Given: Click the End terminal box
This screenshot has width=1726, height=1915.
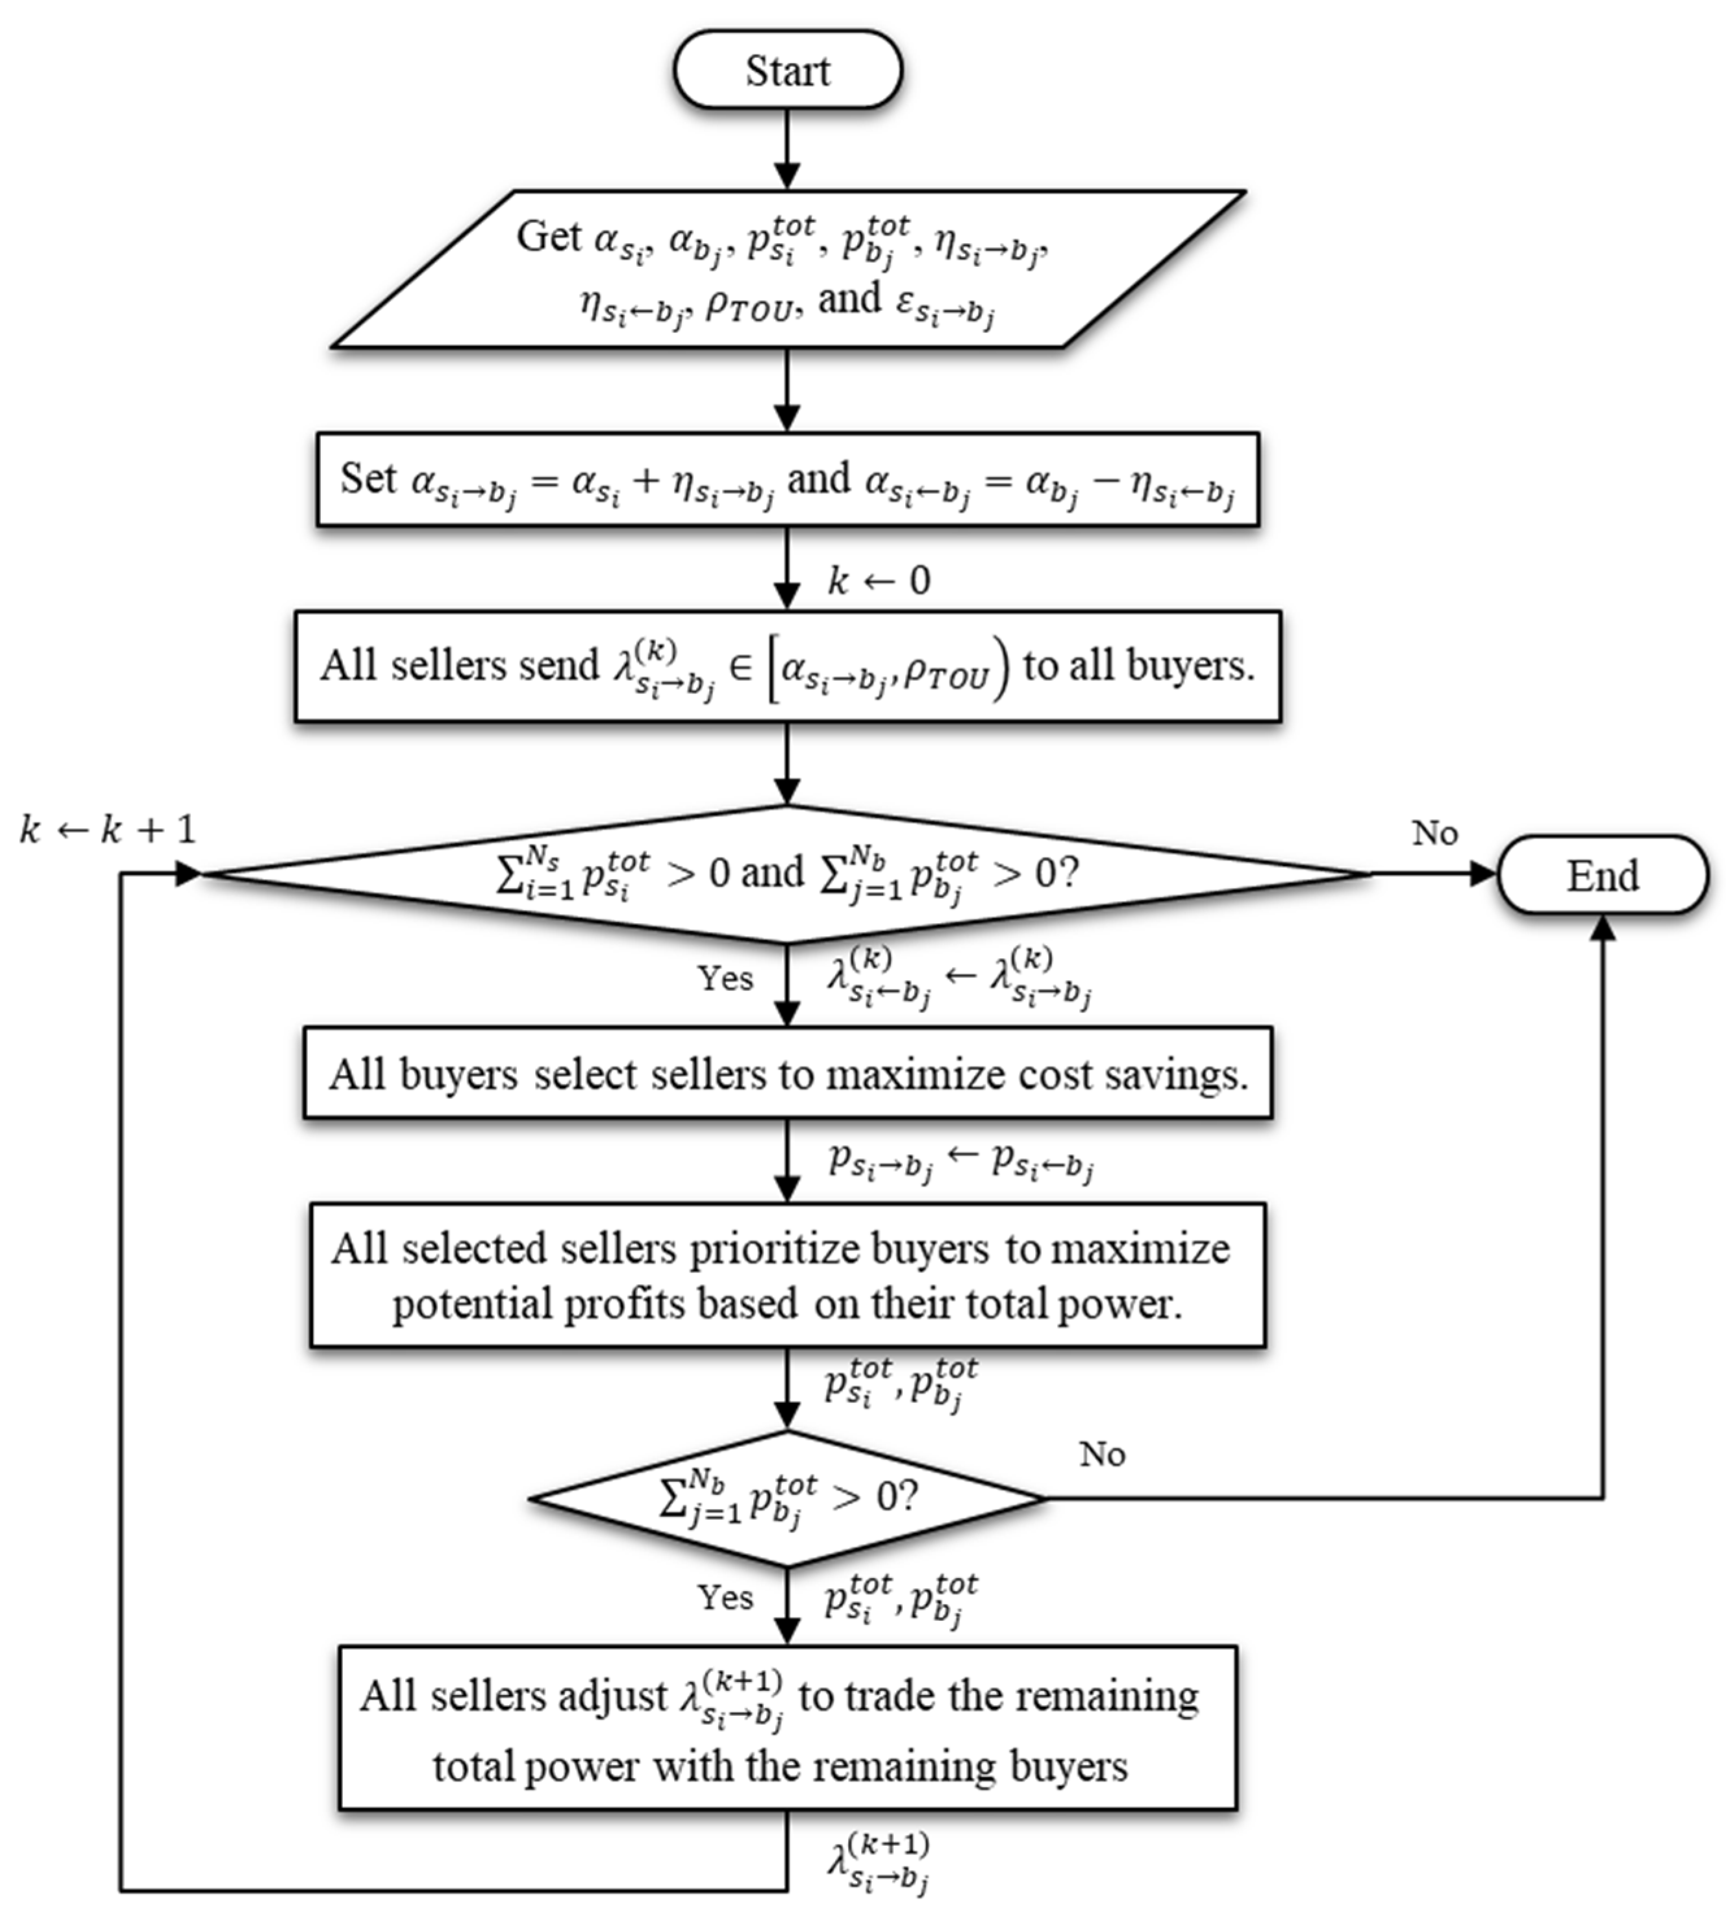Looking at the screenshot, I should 1602,875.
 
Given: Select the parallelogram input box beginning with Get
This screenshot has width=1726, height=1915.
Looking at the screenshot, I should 787,269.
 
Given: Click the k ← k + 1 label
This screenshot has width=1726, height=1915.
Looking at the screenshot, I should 107,830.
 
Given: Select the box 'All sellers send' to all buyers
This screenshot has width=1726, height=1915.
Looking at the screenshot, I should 787,667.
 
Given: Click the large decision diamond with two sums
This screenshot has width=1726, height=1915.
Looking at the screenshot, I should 787,874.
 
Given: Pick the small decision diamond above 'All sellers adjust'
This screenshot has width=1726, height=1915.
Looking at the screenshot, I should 787,1498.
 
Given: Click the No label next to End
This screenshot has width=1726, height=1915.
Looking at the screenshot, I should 1434,834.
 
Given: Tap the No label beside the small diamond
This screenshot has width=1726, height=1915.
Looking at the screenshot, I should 1102,1454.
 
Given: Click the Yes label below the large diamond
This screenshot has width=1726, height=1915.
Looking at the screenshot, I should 725,978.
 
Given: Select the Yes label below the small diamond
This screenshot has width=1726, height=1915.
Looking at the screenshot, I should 725,1598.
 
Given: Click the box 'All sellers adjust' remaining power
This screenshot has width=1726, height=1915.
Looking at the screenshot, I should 787,1728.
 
